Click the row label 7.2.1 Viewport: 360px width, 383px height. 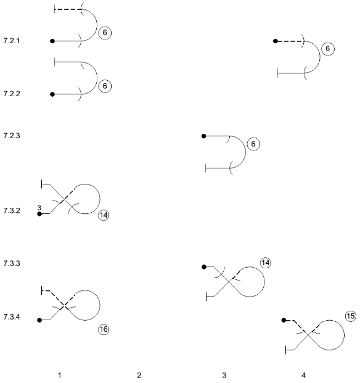click(x=12, y=41)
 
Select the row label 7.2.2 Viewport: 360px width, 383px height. click(x=12, y=94)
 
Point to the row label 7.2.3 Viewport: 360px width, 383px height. click(x=12, y=136)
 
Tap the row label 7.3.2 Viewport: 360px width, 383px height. click(x=12, y=210)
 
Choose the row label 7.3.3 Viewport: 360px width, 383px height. click(x=12, y=263)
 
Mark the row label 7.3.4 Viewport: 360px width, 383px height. click(x=12, y=317)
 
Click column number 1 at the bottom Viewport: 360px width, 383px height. click(x=59, y=375)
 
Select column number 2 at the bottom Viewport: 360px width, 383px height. click(x=139, y=375)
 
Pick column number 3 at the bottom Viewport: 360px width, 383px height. click(x=224, y=375)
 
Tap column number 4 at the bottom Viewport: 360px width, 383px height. click(x=303, y=375)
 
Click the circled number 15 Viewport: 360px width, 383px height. click(x=351, y=316)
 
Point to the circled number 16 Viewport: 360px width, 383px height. click(x=104, y=329)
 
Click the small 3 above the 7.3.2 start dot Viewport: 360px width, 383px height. click(x=39, y=208)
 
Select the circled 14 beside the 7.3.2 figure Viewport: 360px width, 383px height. click(x=104, y=215)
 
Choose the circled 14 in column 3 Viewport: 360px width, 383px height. click(x=266, y=263)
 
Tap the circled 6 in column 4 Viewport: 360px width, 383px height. click(x=328, y=49)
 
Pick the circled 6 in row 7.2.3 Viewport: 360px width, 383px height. click(x=253, y=144)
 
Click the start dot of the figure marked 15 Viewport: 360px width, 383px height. click(x=284, y=320)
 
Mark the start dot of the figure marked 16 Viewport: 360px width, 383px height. click(x=39, y=320)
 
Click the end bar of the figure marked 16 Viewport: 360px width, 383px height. click(x=42, y=290)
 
